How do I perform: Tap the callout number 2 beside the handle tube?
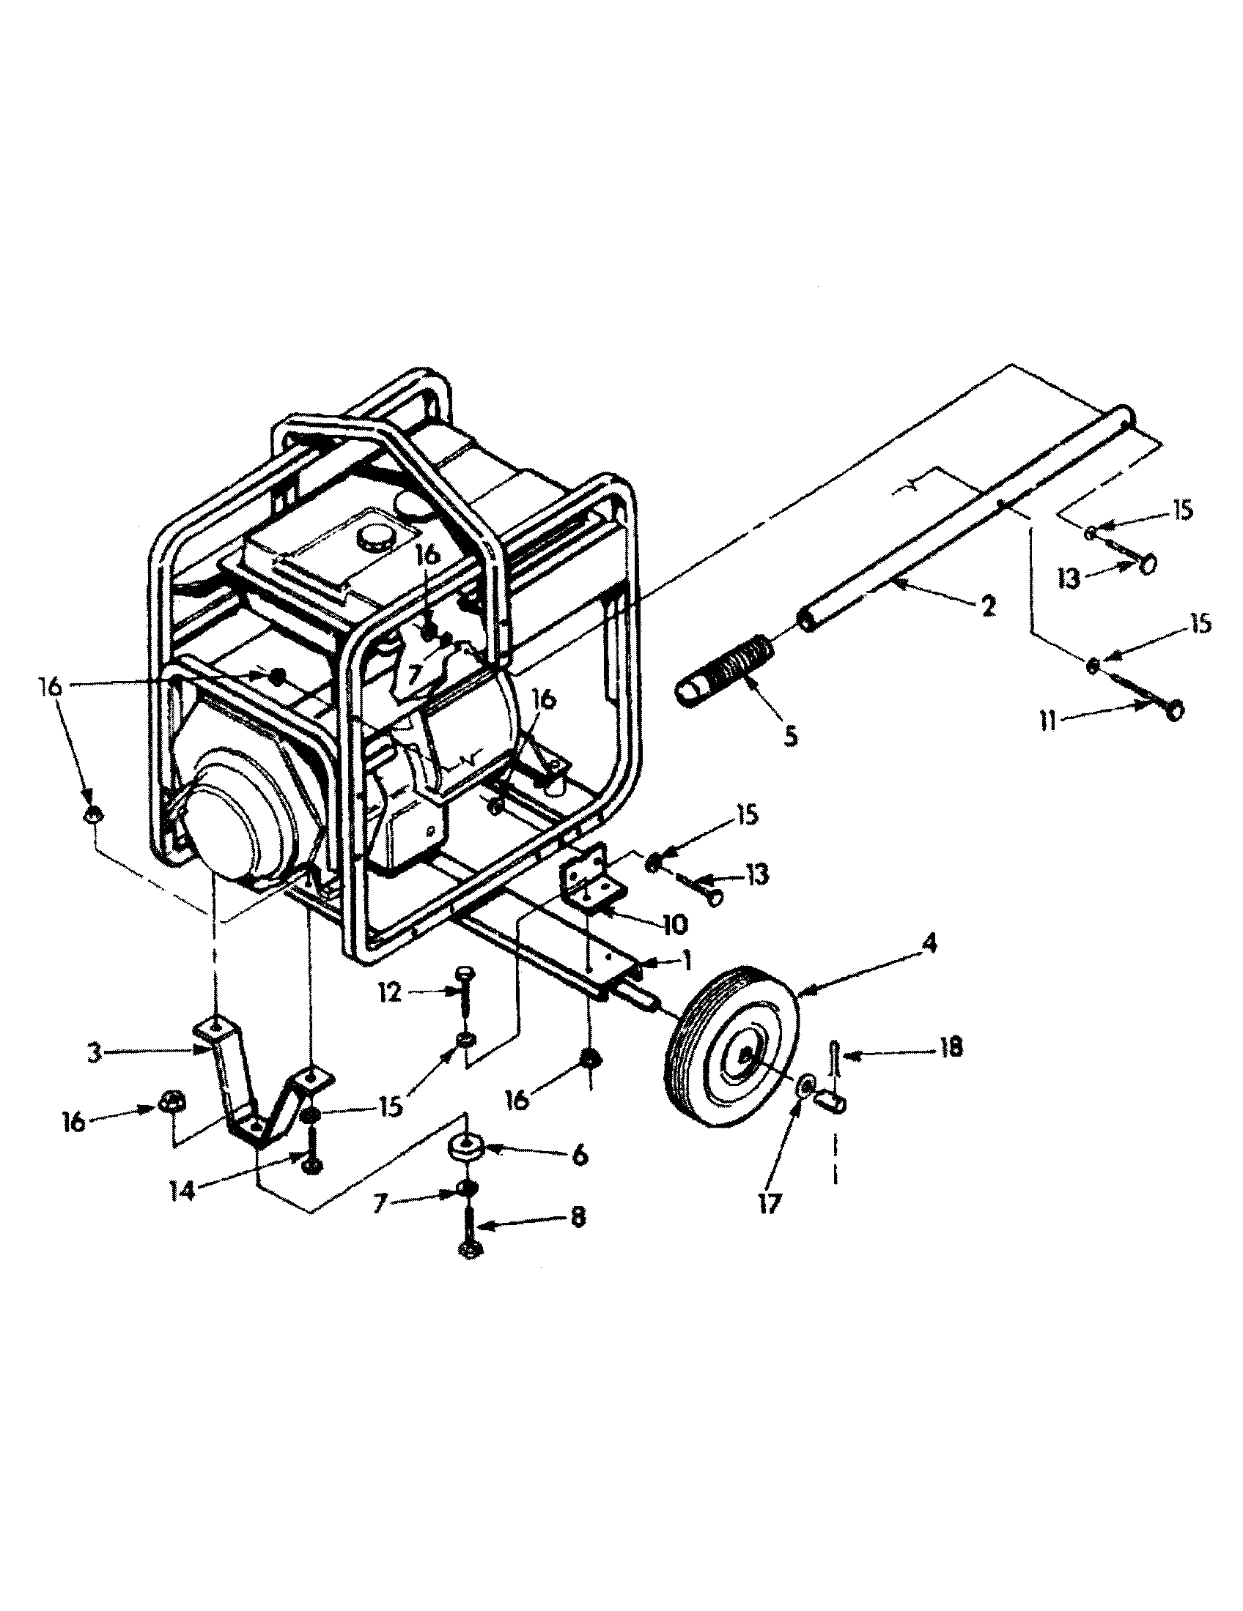(x=988, y=606)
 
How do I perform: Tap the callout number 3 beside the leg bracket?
(x=94, y=1053)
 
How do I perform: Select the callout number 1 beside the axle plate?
(x=687, y=960)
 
